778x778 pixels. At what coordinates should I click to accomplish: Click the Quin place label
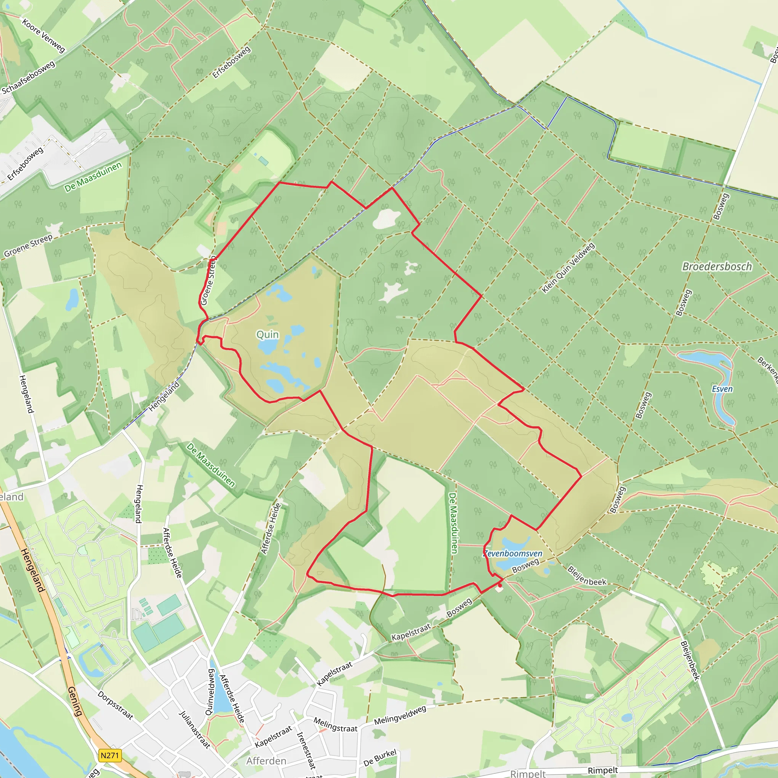click(x=267, y=334)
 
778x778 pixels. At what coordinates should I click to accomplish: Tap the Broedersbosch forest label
click(x=717, y=267)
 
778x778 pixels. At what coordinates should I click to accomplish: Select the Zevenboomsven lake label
click(x=512, y=554)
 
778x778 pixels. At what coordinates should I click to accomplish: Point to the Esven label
click(x=722, y=389)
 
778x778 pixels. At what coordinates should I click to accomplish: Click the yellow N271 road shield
click(x=109, y=755)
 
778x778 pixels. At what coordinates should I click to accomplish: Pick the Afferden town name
click(x=266, y=761)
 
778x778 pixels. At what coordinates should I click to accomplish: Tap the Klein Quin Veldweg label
click(x=568, y=268)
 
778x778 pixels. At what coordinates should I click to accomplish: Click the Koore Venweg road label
click(x=43, y=36)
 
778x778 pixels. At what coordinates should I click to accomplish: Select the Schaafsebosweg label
click(x=28, y=78)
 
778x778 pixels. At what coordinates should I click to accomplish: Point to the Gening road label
click(x=75, y=701)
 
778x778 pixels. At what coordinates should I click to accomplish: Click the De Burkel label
click(x=380, y=758)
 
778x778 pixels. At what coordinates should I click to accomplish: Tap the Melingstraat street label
click(x=335, y=725)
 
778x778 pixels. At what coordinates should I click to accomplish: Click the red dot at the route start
click(x=500, y=585)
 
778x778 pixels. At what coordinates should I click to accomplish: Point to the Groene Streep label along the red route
click(x=208, y=281)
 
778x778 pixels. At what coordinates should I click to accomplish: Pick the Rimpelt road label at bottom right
click(x=602, y=770)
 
